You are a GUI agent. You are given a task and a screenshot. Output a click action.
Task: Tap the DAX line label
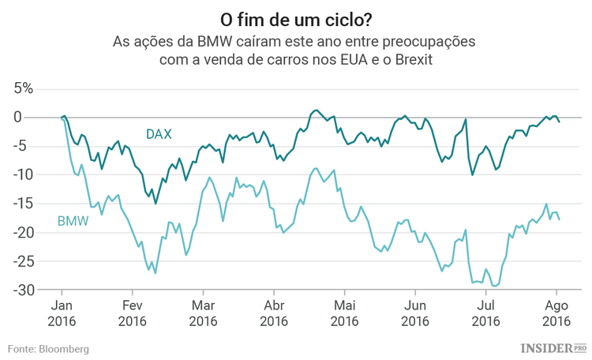(159, 134)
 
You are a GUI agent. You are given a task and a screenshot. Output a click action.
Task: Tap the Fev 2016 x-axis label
(132, 313)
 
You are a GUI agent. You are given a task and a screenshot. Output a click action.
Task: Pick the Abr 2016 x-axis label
(274, 313)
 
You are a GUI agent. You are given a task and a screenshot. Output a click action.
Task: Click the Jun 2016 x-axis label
(416, 313)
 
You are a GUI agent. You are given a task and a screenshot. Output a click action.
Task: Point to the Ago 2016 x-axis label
(557, 313)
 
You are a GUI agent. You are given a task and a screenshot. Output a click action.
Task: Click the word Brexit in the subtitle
(413, 59)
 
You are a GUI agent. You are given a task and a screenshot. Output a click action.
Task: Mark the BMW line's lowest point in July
(495, 286)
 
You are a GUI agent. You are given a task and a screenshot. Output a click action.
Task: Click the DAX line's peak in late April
(316, 111)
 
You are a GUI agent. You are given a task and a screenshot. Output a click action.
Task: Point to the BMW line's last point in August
(560, 219)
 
